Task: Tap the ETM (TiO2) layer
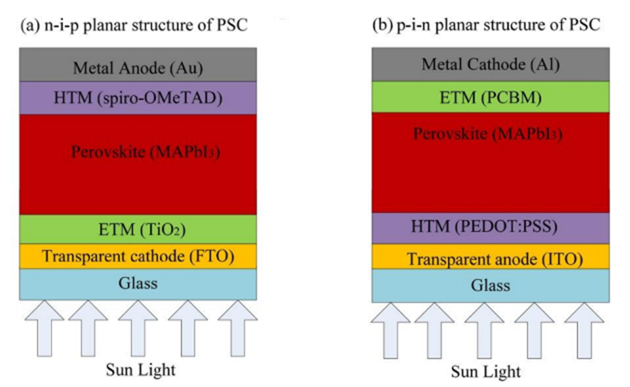coord(138,229)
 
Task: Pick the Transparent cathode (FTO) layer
coord(138,257)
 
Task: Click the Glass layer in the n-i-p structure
coord(138,283)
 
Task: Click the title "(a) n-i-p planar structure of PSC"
coord(133,25)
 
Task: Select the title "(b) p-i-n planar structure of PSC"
coord(488,25)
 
